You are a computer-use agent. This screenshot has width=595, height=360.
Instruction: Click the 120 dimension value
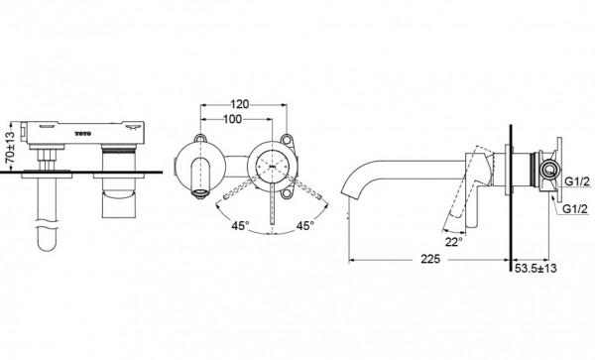pos(240,104)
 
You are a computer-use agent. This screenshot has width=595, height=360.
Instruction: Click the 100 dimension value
pos(232,119)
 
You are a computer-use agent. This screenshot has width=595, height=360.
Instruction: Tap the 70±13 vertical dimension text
pos(11,146)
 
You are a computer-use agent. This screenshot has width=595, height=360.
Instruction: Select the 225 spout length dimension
pos(430,259)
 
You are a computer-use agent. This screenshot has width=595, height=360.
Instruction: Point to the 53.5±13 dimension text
pos(535,268)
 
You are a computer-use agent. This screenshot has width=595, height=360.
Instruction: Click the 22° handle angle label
pos(454,242)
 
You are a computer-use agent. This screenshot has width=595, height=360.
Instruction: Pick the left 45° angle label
pos(241,226)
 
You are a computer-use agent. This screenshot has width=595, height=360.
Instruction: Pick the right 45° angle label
pos(305,226)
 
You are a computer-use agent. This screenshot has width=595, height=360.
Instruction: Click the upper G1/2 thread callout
pos(577,181)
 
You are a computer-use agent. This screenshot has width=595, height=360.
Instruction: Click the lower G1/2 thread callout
pos(574,208)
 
